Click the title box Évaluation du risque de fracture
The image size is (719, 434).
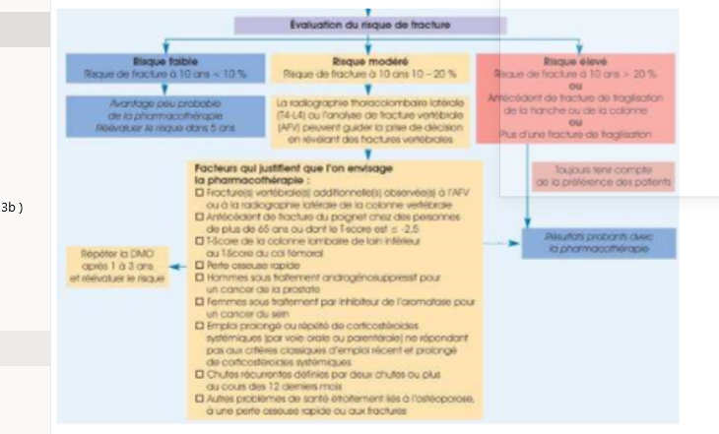click(368, 24)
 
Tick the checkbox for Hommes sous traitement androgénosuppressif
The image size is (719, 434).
click(200, 278)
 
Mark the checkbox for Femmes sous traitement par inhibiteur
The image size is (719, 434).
click(200, 301)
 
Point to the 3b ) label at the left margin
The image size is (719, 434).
click(12, 207)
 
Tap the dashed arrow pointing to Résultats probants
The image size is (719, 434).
click(502, 242)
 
